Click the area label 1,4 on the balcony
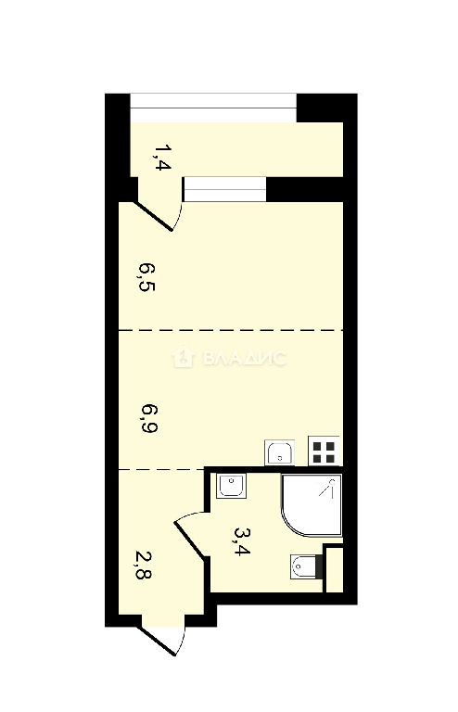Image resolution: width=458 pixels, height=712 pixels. (162, 157)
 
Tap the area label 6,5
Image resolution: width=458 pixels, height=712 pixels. (147, 277)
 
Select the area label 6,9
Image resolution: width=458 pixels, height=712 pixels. (149, 418)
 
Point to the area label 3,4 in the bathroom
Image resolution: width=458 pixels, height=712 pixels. (242, 540)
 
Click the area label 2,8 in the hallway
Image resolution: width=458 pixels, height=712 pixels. (144, 566)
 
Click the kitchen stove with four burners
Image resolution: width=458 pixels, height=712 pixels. (324, 451)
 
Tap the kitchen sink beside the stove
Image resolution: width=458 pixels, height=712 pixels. (280, 452)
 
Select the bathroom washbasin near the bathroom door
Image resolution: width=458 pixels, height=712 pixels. (232, 486)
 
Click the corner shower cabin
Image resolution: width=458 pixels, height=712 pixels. (312, 505)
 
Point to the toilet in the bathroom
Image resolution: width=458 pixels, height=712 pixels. (306, 566)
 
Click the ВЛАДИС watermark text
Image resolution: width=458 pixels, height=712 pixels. (245, 359)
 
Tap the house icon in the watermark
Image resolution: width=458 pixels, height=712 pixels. (184, 358)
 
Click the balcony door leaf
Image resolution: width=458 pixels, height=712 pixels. (154, 216)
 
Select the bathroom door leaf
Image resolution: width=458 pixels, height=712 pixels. (190, 539)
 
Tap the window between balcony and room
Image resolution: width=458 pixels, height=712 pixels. (224, 189)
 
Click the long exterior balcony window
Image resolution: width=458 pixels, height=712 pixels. (213, 108)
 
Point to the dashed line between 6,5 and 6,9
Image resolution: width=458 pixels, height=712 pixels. (231, 330)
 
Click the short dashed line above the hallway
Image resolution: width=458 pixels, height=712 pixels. (161, 469)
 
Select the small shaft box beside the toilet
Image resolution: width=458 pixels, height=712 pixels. (335, 570)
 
